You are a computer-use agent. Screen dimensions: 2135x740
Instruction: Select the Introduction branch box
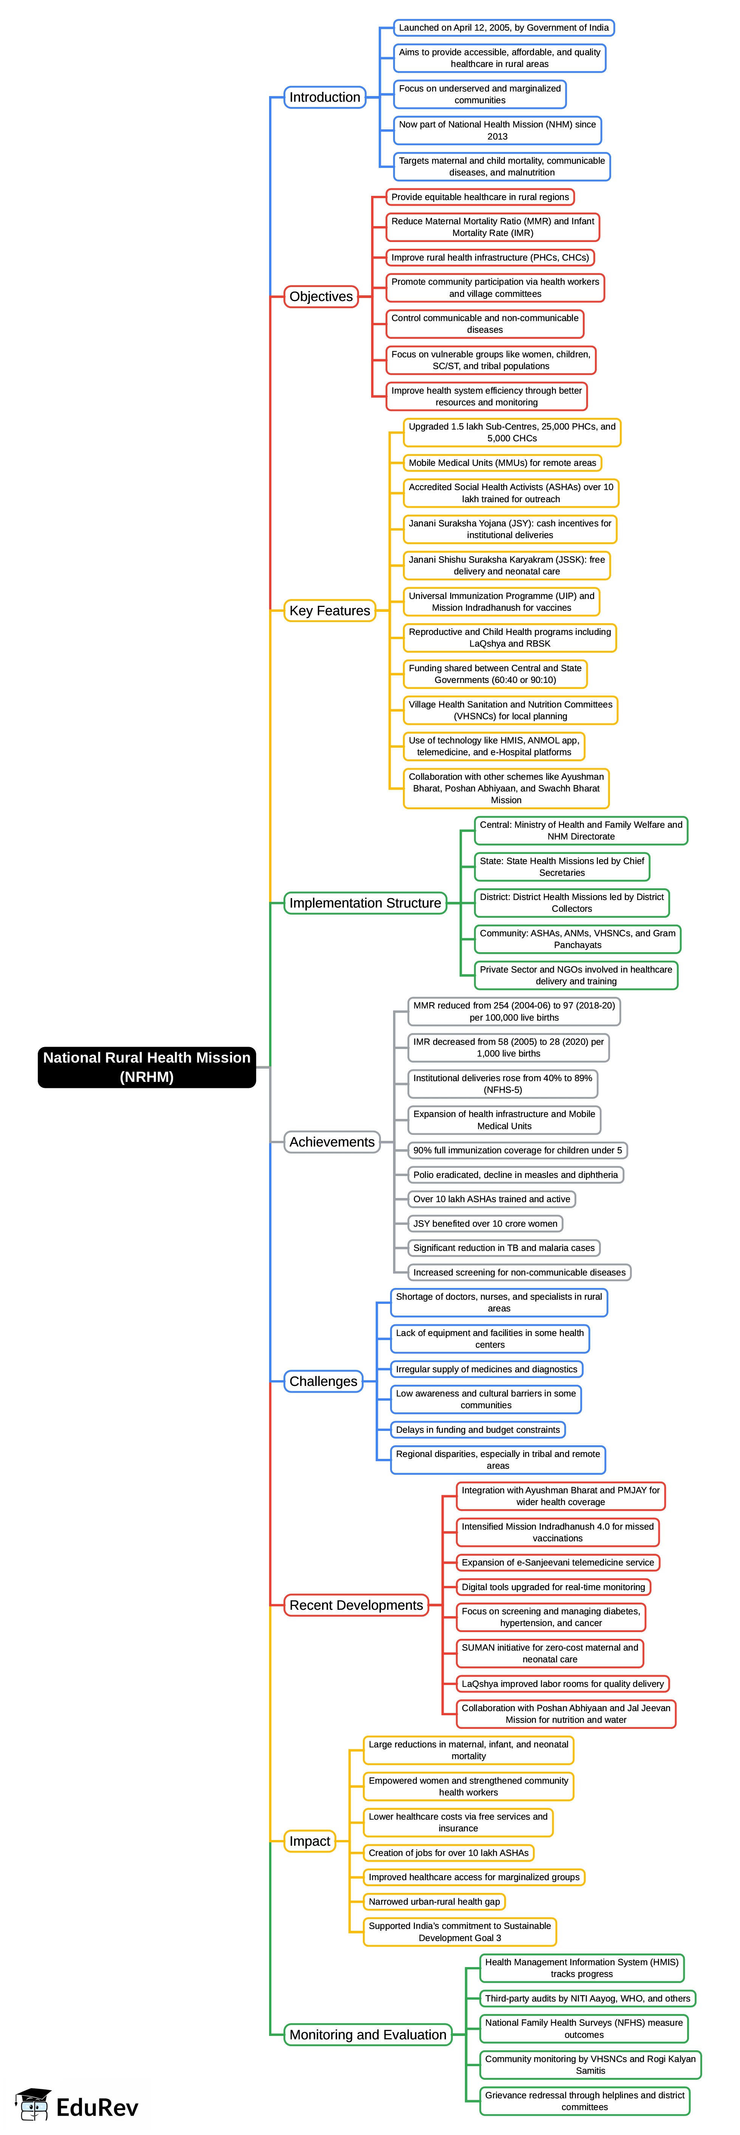pyautogui.click(x=325, y=97)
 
